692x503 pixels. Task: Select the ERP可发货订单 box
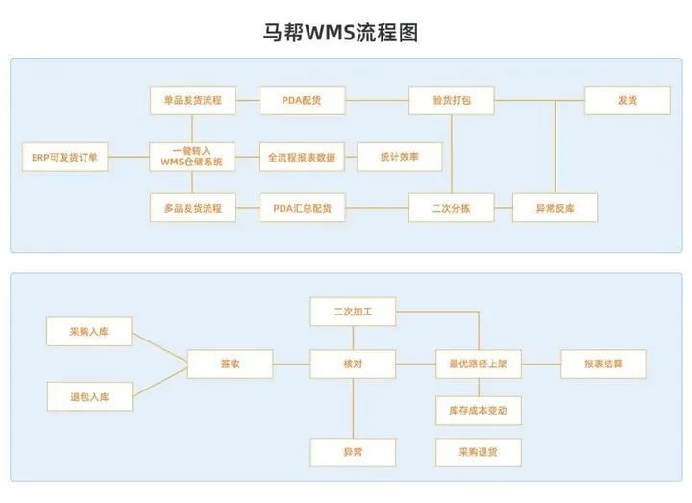(x=65, y=156)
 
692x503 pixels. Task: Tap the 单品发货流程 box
(x=192, y=100)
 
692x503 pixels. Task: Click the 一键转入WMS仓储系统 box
(x=192, y=156)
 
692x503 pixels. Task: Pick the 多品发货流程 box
(x=192, y=208)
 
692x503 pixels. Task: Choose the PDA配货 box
(x=302, y=100)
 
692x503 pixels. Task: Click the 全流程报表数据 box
(x=302, y=156)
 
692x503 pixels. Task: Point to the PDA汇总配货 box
(x=302, y=208)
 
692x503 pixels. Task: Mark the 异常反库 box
(x=555, y=208)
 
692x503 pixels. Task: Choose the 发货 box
(x=628, y=100)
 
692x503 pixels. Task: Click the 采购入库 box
(x=89, y=332)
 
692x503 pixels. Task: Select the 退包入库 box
(x=89, y=395)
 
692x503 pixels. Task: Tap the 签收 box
(x=230, y=364)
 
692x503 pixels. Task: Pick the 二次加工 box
(x=353, y=312)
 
